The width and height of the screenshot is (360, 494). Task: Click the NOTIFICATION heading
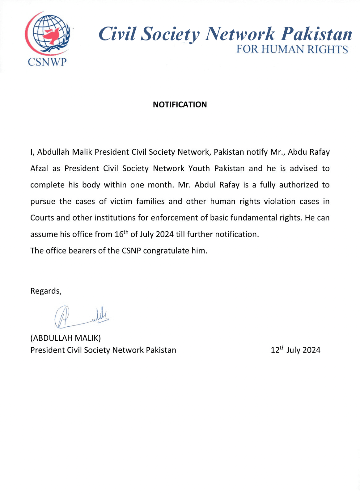point(180,105)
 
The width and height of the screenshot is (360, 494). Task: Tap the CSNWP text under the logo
point(47,62)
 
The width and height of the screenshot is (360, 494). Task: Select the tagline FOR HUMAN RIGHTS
point(292,49)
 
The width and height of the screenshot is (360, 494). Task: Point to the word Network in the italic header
point(240,34)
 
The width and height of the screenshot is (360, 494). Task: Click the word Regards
point(46,291)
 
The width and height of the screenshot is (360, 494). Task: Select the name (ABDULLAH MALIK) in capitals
point(66,338)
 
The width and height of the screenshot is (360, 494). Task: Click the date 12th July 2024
point(295,350)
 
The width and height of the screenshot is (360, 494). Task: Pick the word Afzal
point(39,169)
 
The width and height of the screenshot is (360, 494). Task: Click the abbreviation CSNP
point(131,251)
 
